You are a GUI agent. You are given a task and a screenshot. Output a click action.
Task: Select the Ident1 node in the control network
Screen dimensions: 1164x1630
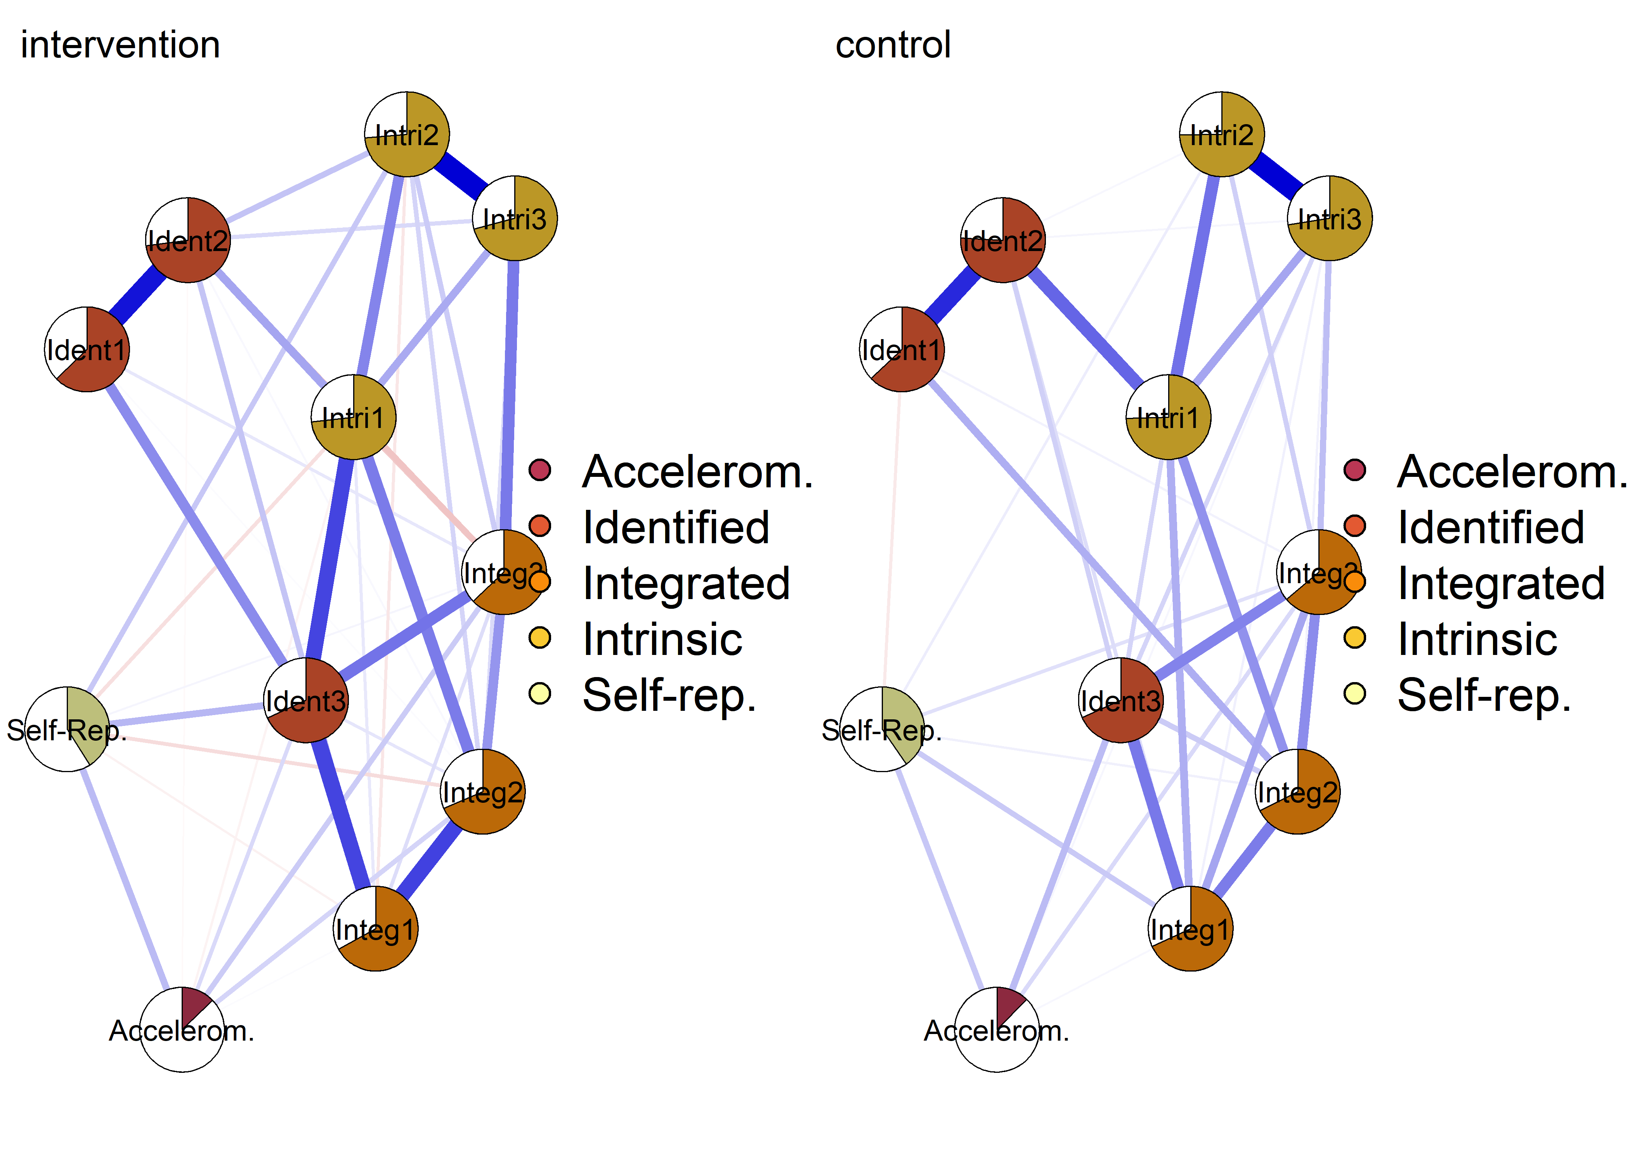[902, 349]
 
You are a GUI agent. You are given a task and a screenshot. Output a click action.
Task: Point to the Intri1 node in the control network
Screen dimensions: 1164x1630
[1169, 417]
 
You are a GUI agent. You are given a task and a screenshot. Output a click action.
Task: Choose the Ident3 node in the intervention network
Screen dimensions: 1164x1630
[306, 700]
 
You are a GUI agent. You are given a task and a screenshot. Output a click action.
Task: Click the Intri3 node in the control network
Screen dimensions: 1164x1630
[1330, 218]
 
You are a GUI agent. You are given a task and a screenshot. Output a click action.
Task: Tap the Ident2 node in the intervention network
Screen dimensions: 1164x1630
[188, 240]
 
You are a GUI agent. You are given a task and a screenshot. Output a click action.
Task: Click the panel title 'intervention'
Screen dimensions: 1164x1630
[120, 45]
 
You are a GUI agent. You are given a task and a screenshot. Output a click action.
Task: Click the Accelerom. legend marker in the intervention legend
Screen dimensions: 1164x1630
[540, 470]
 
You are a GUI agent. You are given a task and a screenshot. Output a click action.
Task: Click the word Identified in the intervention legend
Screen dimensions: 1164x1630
[676, 528]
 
